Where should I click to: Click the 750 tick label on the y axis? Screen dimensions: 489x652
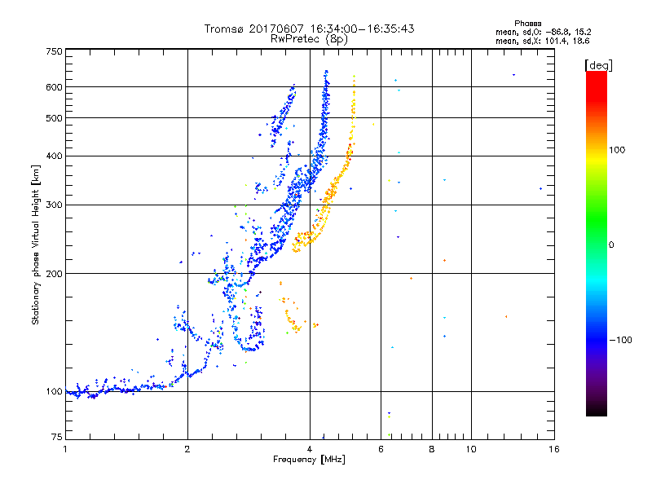(x=54, y=51)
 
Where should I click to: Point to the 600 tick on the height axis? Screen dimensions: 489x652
(x=54, y=87)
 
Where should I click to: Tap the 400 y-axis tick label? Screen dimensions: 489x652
(x=54, y=156)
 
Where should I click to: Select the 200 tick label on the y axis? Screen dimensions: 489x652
(x=54, y=273)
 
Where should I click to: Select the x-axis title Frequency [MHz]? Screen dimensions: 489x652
(x=309, y=460)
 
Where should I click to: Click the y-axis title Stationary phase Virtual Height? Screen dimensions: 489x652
(x=36, y=244)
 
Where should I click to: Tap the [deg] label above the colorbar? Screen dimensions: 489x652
(x=599, y=64)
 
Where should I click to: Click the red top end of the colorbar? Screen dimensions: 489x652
(x=596, y=75)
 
